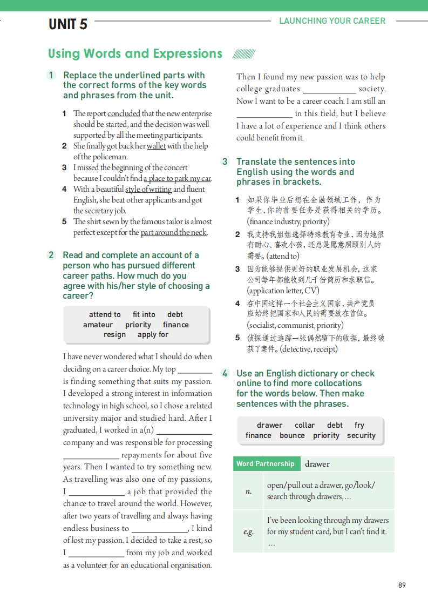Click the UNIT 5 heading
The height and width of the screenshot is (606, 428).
click(68, 24)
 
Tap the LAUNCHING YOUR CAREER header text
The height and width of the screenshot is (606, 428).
click(332, 21)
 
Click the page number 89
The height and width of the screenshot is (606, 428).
click(402, 585)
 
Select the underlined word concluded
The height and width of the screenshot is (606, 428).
click(124, 113)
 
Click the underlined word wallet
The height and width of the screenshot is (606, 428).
click(156, 146)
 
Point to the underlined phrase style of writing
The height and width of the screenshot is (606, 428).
click(148, 189)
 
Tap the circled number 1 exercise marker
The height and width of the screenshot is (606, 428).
click(51, 75)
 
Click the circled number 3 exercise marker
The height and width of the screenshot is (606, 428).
click(225, 161)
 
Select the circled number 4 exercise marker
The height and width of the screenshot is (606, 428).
click(225, 373)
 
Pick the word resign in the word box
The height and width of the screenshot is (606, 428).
click(114, 335)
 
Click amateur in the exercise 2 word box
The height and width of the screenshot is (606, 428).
click(98, 325)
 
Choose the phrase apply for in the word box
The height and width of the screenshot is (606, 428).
click(153, 335)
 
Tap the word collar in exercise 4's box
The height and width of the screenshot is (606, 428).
click(304, 425)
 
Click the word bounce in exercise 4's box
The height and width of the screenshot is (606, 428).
click(292, 435)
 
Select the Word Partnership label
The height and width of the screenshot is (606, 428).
click(265, 464)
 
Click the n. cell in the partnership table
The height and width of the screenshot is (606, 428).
click(248, 491)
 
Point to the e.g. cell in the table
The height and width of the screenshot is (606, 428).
click(248, 531)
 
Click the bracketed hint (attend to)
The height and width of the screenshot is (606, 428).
click(273, 256)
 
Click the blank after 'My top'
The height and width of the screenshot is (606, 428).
click(195, 370)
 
